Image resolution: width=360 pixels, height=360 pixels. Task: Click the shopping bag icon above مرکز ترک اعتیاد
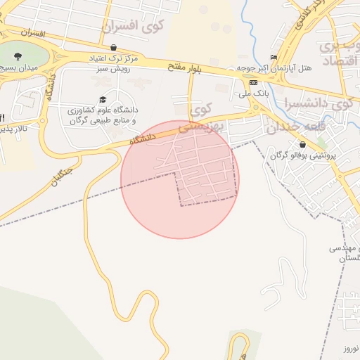point(112,47)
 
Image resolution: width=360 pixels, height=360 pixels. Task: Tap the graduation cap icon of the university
point(103,100)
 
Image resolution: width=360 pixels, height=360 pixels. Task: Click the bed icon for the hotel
point(274,57)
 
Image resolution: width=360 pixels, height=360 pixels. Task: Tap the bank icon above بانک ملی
point(253,82)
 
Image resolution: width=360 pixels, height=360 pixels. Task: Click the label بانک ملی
point(253,93)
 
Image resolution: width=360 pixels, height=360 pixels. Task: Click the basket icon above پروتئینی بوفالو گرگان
point(303,144)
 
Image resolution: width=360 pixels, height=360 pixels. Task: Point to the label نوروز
point(351,349)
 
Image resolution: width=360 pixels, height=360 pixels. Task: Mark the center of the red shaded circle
point(180,179)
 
